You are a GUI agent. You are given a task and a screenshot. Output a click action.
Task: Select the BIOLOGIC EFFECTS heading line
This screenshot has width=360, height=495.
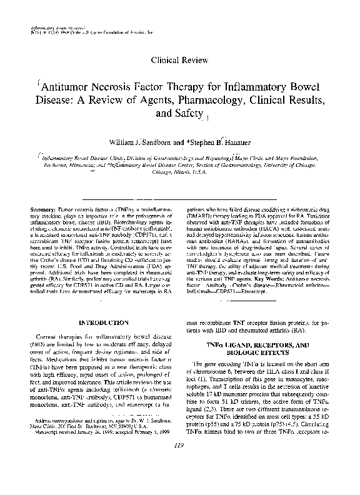point(251,352)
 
